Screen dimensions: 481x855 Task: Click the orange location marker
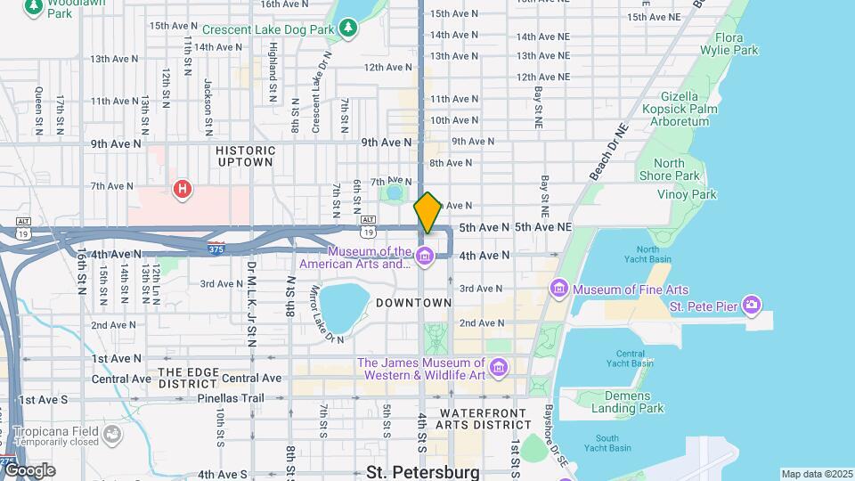tap(427, 213)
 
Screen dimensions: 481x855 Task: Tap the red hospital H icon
tap(183, 189)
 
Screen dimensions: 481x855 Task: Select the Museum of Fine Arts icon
tap(559, 289)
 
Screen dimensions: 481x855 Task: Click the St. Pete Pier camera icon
tap(753, 306)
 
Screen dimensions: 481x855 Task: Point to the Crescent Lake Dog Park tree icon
tap(350, 29)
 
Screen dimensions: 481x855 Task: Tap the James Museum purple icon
tap(498, 368)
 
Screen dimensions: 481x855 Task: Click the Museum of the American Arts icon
tap(424, 257)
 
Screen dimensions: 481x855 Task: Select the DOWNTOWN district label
tap(413, 303)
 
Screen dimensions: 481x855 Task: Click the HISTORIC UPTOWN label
tap(244, 156)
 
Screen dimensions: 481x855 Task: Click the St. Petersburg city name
tap(422, 471)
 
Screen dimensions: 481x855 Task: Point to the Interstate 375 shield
tap(215, 244)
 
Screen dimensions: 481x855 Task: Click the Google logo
tap(28, 469)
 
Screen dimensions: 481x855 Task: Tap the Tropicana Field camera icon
tap(112, 434)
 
